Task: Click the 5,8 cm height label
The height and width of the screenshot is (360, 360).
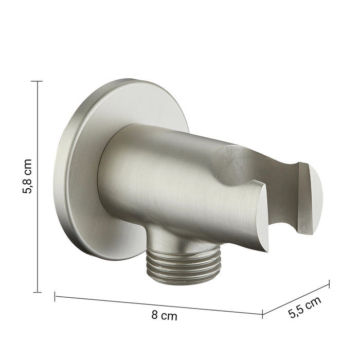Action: (27, 176)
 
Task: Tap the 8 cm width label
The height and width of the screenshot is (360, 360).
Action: (164, 315)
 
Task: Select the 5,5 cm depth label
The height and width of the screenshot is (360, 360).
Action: (304, 307)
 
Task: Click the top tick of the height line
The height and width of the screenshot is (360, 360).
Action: (37, 81)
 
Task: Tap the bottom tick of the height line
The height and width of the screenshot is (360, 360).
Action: (37, 292)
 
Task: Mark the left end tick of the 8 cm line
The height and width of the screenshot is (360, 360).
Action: (55, 296)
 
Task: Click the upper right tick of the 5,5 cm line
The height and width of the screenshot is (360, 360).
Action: (330, 284)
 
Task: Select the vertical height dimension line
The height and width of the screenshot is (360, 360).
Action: (37, 187)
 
